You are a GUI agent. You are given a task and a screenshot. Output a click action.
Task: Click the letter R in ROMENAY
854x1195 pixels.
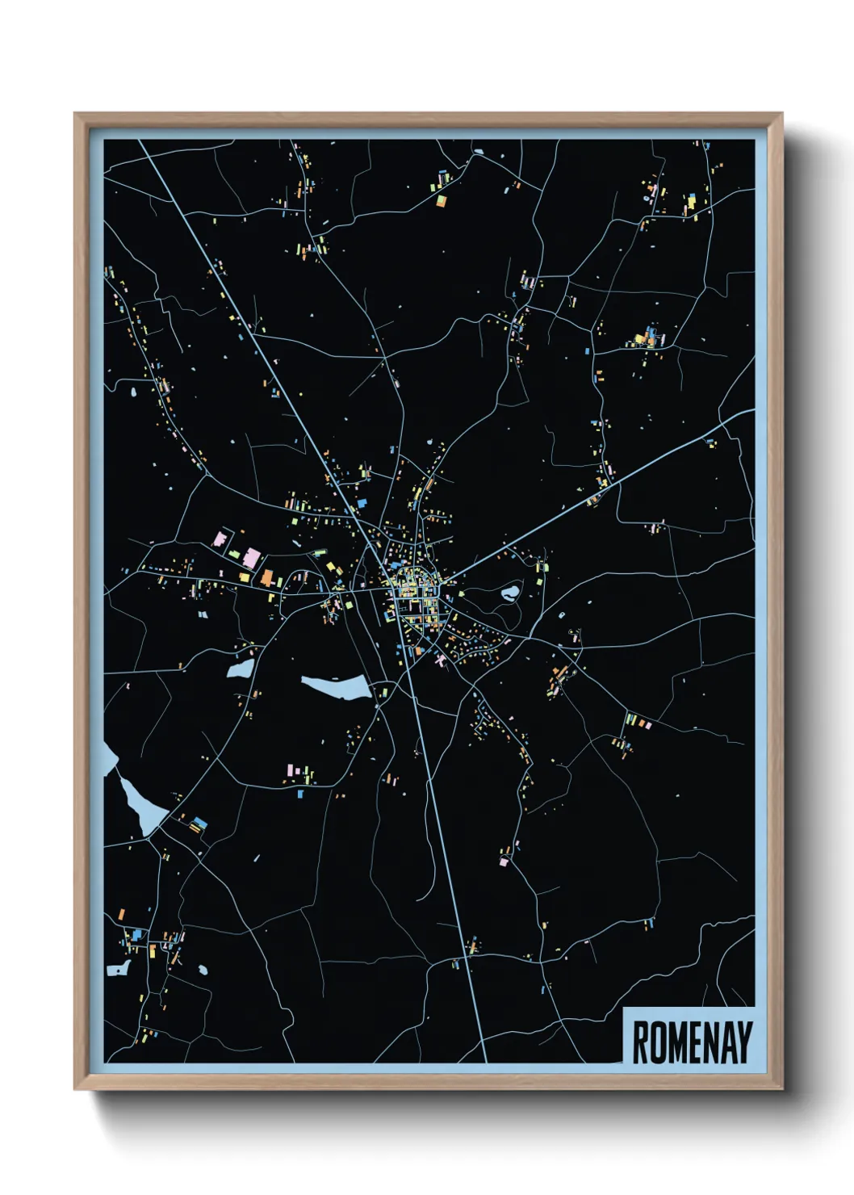pyautogui.click(x=639, y=1042)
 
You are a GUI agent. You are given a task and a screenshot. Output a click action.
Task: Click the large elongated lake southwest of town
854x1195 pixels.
pyautogui.click(x=337, y=687)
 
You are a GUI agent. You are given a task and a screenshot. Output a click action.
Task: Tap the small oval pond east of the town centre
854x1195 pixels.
pyautogui.click(x=510, y=594)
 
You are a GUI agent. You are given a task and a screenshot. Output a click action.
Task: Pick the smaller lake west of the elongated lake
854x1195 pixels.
pyautogui.click(x=241, y=669)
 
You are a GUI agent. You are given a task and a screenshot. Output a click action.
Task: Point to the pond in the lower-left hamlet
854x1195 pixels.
pyautogui.click(x=118, y=967)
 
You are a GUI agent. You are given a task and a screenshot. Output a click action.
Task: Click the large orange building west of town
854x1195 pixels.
pyautogui.click(x=267, y=577)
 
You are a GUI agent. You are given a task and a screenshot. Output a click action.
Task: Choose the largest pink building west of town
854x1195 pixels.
pyautogui.click(x=252, y=558)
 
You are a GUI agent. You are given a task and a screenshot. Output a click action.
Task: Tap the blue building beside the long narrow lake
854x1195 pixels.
pyautogui.click(x=199, y=824)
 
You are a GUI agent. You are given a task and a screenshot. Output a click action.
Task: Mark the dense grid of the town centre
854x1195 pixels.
pyautogui.click(x=413, y=597)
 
